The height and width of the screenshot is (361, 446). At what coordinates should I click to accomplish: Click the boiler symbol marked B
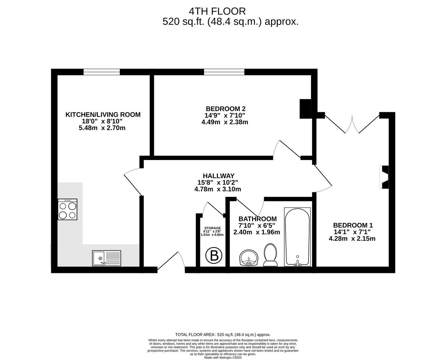214,256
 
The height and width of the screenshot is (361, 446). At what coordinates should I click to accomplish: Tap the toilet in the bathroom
270,255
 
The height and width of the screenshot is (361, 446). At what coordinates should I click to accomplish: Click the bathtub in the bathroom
297,237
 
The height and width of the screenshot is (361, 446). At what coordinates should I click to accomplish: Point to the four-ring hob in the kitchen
68,210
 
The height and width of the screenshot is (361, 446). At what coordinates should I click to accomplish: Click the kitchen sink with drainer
107,258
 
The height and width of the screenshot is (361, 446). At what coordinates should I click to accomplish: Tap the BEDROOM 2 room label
225,109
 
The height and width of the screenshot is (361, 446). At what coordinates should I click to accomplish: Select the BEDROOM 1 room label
353,225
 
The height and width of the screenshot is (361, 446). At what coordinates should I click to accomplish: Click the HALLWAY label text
219,176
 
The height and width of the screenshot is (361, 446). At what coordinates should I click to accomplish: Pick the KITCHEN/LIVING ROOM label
103,115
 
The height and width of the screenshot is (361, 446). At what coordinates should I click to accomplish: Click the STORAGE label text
213,228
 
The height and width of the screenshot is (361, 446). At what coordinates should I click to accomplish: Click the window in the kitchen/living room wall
101,72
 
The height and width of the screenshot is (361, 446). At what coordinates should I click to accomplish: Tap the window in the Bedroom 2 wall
224,72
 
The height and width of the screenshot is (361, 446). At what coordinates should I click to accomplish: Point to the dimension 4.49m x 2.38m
225,122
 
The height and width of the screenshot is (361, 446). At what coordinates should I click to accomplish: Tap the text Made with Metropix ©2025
223,358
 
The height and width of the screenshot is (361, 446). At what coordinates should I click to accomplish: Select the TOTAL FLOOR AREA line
223,335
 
